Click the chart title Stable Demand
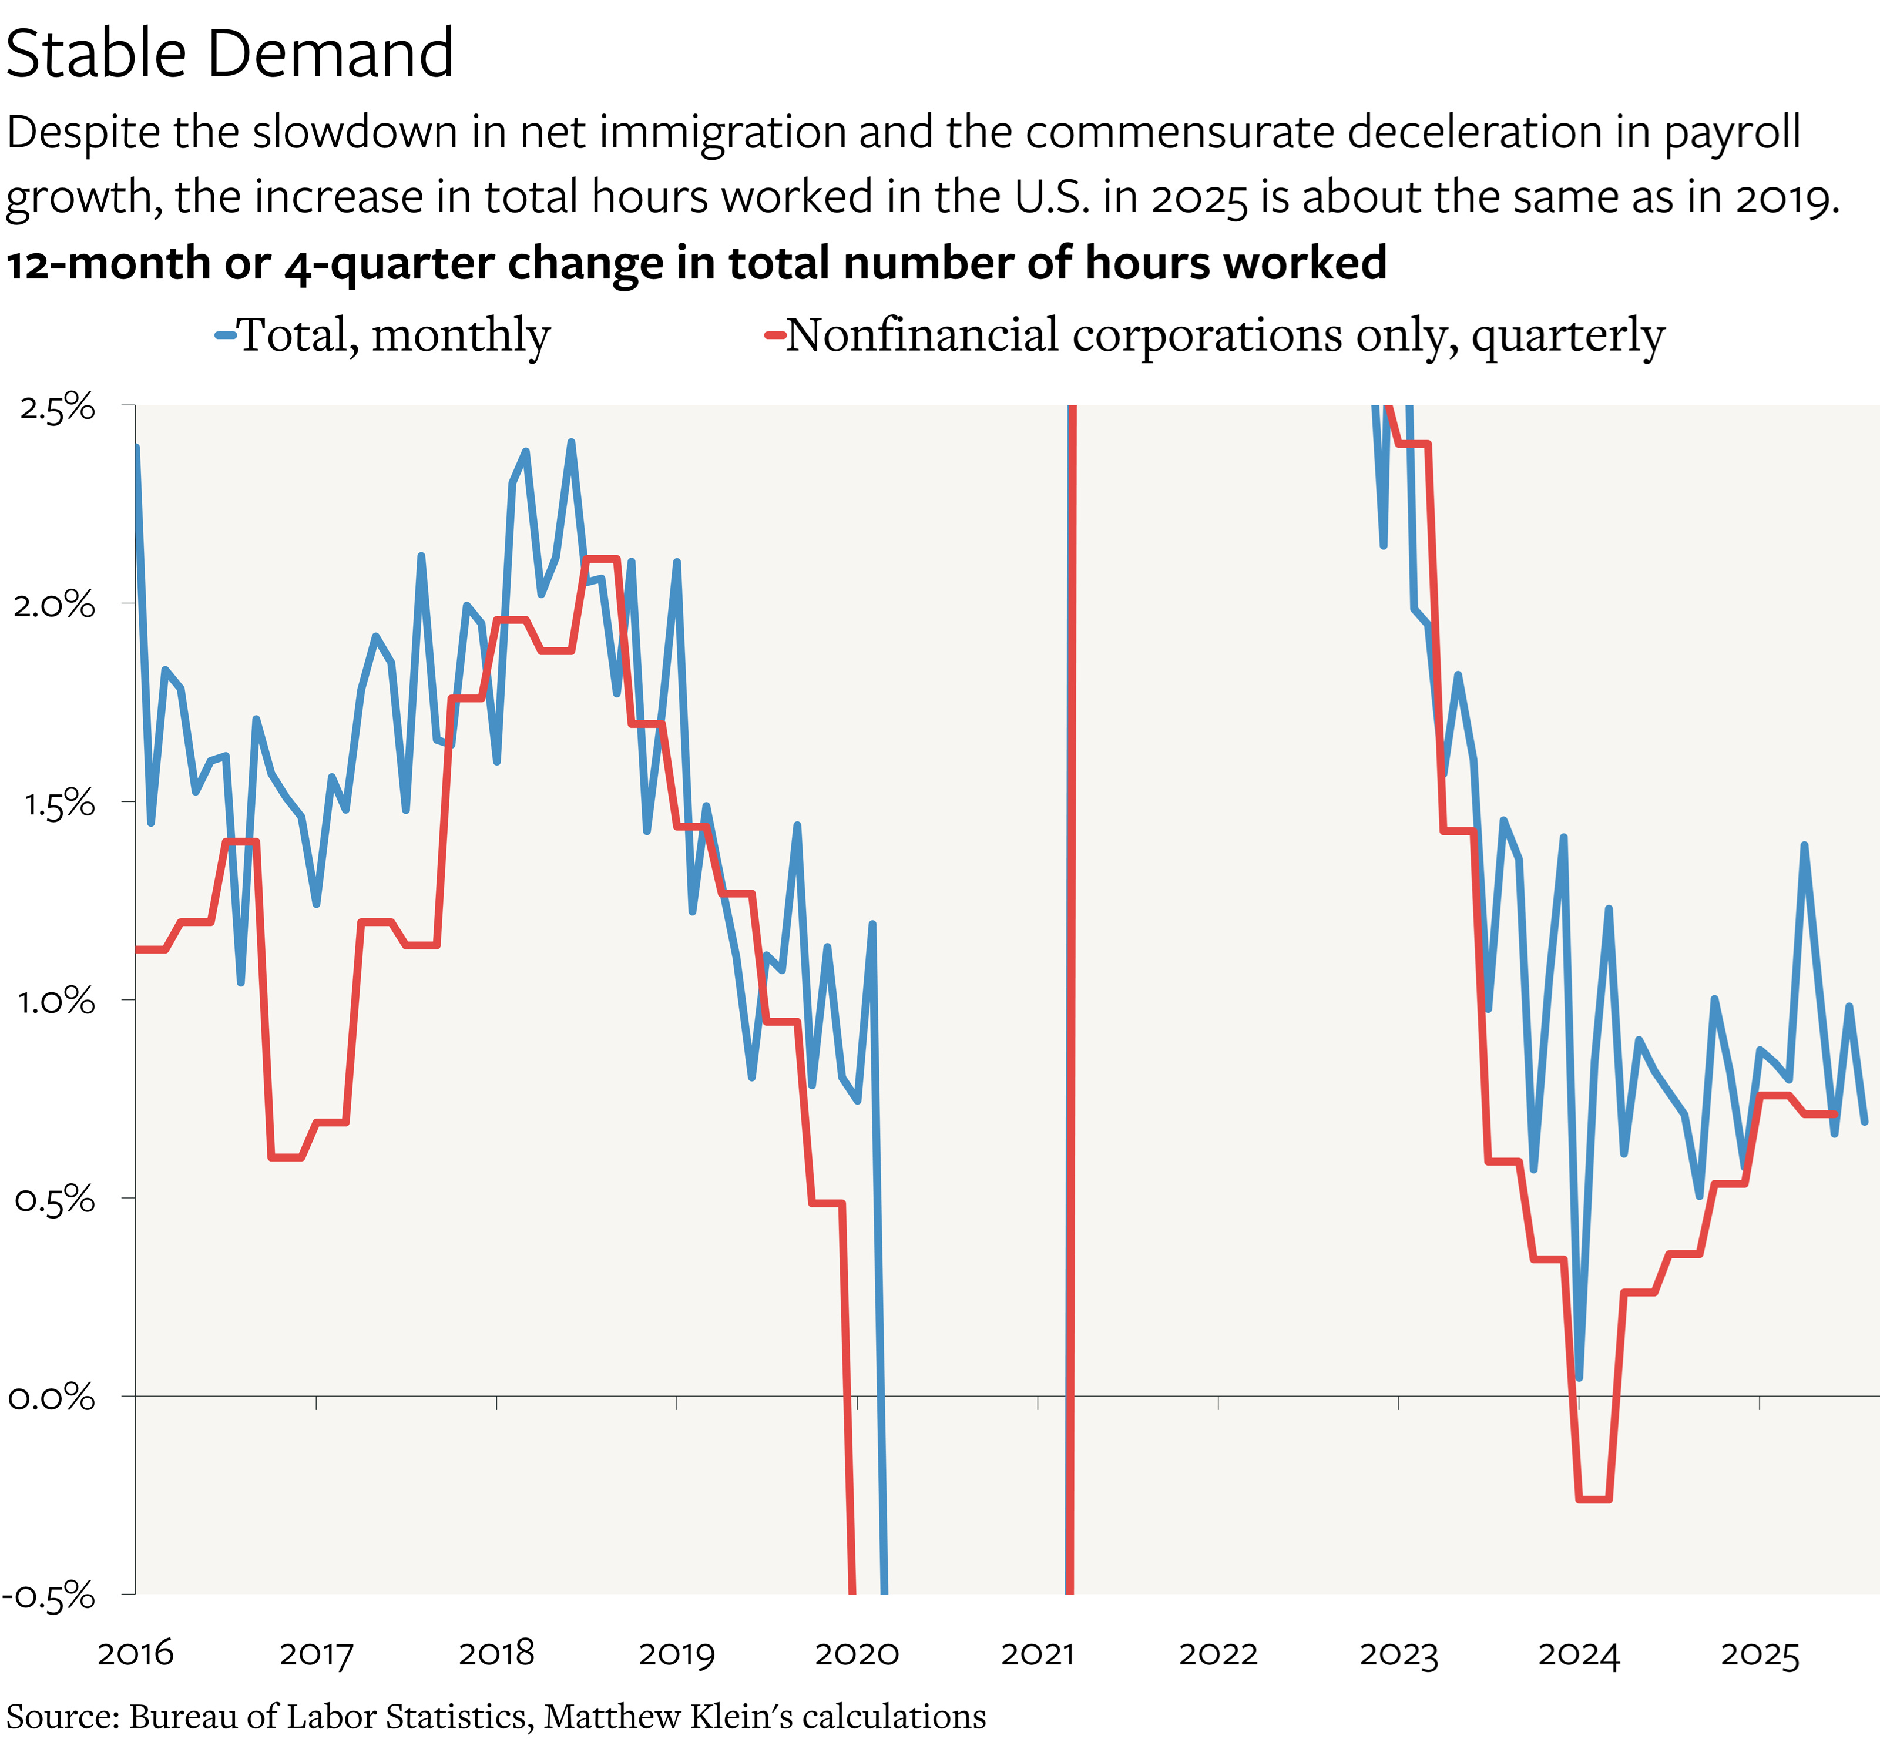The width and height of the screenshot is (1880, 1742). click(229, 53)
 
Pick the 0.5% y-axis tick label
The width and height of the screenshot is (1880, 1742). click(55, 1199)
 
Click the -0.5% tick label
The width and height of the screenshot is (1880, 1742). click(49, 1596)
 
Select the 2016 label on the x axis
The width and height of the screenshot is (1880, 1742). click(136, 1653)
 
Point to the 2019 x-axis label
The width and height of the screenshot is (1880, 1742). click(677, 1653)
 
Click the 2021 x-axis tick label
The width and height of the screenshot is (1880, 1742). click(1038, 1653)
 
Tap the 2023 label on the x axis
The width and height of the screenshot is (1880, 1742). click(1398, 1653)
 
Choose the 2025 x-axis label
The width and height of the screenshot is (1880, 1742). click(1760, 1653)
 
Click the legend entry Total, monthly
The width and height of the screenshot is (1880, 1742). click(392, 335)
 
